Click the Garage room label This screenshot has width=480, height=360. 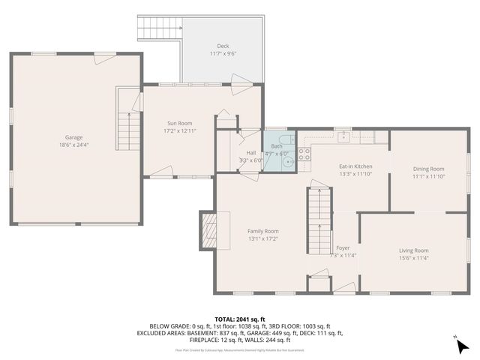point(73,137)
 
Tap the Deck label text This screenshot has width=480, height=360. point(223,46)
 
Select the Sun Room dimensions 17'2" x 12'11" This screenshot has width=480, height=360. point(180,131)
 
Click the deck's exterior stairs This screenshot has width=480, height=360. point(159,28)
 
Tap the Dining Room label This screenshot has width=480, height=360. point(428,169)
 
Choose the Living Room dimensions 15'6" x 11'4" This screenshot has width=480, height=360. point(412,259)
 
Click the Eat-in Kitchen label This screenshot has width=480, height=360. point(355,166)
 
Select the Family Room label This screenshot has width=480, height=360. point(263,231)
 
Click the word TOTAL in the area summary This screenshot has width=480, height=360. point(225,319)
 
